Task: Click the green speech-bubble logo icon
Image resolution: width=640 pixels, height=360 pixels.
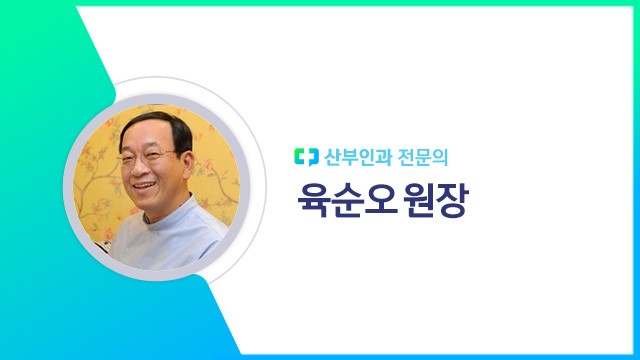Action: pyautogui.click(x=304, y=157)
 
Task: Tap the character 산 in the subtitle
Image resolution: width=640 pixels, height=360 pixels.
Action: pyautogui.click(x=332, y=157)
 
